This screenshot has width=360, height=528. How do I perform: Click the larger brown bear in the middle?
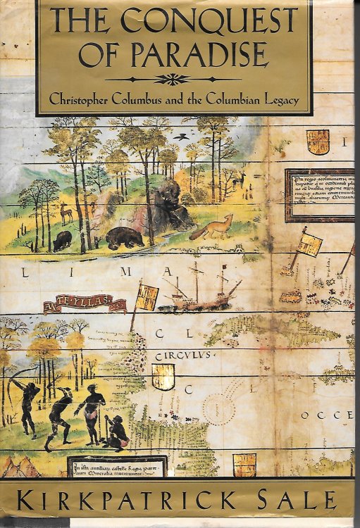pyautogui.click(x=125, y=239)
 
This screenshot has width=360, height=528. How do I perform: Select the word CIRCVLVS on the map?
pyautogui.click(x=173, y=356)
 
